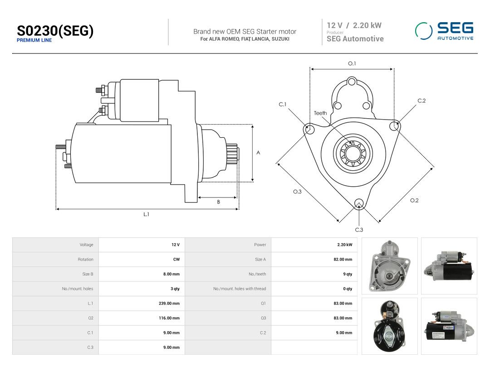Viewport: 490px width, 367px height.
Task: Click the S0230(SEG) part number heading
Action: pos(55,31)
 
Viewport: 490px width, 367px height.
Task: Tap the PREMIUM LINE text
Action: pos(34,40)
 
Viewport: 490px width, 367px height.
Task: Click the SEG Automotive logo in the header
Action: pos(444,31)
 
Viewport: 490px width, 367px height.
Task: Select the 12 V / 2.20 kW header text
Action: pos(354,25)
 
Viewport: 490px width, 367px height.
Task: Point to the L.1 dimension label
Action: pos(146,214)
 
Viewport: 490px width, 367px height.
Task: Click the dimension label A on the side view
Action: pos(258,153)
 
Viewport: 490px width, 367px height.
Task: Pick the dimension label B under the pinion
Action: pos(218,202)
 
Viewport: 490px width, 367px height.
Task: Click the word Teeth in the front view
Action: pos(320,113)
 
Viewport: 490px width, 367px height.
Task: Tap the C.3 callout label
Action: pos(359,230)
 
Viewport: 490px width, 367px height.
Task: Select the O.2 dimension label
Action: pos(414,200)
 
